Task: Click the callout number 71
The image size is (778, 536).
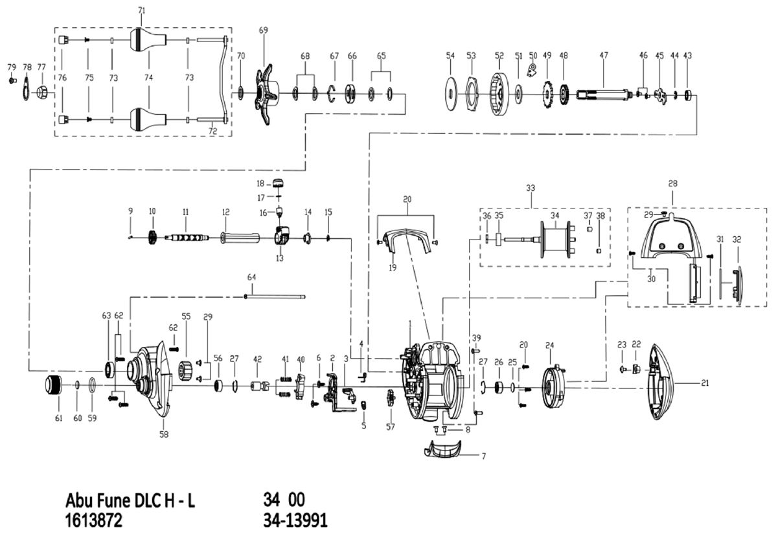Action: click(142, 11)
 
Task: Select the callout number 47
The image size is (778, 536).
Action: click(604, 56)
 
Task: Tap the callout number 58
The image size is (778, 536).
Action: click(164, 434)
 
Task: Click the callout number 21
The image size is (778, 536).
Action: click(705, 383)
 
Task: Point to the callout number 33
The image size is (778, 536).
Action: click(531, 188)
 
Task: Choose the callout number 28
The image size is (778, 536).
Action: click(672, 184)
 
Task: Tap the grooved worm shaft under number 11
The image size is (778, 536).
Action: click(187, 237)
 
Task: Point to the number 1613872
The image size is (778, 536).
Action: click(94, 520)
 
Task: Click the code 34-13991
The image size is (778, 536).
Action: click(295, 520)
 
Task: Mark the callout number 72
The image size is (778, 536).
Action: click(212, 131)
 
